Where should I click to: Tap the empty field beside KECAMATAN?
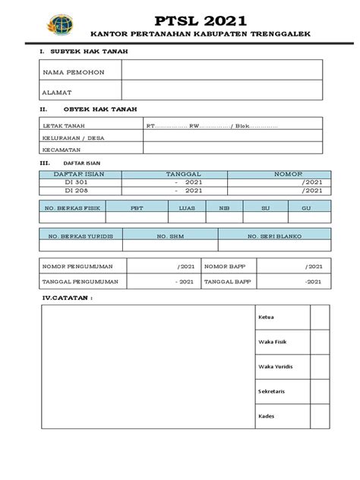pos(236,151)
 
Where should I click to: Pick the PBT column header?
pos(137,206)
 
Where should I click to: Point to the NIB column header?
pos(224,206)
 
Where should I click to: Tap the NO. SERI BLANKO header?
pos(274,236)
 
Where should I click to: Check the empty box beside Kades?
pos(319,416)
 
